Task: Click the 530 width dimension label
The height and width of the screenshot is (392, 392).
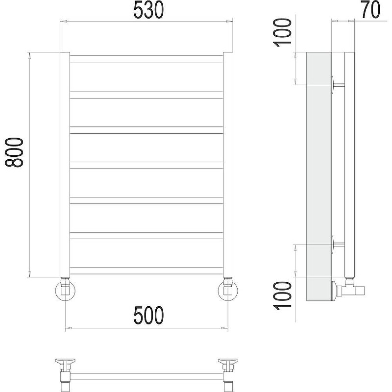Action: point(148,10)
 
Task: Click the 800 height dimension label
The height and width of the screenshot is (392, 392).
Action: point(14,152)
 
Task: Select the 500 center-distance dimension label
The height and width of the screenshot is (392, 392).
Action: point(148,315)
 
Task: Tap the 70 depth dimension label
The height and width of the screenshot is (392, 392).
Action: point(371,9)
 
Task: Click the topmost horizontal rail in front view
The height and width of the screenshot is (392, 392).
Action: point(146,59)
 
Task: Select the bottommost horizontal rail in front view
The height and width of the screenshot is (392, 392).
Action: point(146,270)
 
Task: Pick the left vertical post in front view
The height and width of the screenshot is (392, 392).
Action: point(65,164)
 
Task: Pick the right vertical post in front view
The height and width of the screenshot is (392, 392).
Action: point(228,164)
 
